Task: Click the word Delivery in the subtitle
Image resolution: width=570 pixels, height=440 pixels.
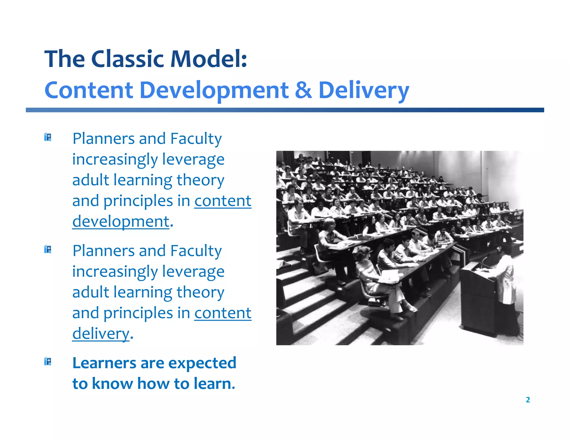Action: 363,91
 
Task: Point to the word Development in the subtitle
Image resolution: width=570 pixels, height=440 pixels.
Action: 213,91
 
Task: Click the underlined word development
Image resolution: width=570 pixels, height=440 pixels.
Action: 121,222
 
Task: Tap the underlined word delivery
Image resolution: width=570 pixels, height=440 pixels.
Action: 101,333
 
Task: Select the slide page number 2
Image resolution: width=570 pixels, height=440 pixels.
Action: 528,400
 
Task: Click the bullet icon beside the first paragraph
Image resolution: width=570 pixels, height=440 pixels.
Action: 48,137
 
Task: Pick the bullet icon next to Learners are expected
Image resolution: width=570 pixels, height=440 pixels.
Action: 48,362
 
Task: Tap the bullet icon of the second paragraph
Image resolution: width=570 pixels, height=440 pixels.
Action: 48,249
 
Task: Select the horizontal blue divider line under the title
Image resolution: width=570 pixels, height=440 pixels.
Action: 285,110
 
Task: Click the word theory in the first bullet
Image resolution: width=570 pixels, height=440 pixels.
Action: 200,180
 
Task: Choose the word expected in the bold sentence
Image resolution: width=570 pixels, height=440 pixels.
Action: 202,363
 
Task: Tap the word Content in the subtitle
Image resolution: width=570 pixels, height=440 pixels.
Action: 89,91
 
